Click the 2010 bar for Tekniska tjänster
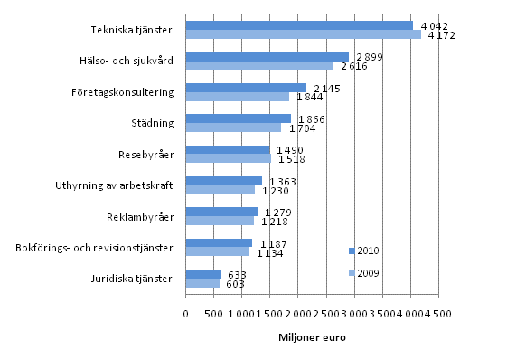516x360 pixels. pyautogui.click(x=298, y=25)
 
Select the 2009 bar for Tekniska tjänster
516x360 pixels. pyautogui.click(x=303, y=35)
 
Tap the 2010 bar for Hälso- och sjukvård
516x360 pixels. pyautogui.click(x=267, y=57)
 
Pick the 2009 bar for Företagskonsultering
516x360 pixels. pyautogui.click(x=237, y=97)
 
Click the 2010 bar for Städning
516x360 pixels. pyautogui.click(x=238, y=118)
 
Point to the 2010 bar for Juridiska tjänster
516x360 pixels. pyautogui.click(x=203, y=274)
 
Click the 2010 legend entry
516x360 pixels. pyautogui.click(x=364, y=250)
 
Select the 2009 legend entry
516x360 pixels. pyautogui.click(x=364, y=272)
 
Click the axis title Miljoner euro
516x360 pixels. pyautogui.click(x=312, y=338)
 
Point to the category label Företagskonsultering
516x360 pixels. pyautogui.click(x=122, y=92)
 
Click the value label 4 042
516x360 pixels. pyautogui.click(x=436, y=25)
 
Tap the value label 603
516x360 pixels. pyautogui.click(x=235, y=284)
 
